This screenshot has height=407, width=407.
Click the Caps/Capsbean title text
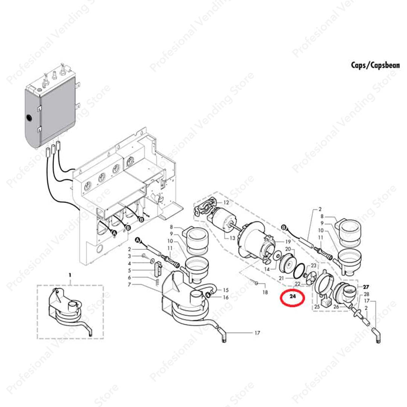pyautogui.click(x=375, y=65)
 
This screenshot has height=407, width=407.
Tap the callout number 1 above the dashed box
pyautogui.click(x=70, y=275)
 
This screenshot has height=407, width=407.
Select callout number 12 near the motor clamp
pyautogui.click(x=226, y=203)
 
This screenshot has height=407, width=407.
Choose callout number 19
pyautogui.click(x=288, y=241)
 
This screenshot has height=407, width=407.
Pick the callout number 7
pyautogui.click(x=129, y=285)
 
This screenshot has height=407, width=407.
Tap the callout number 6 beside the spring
pyautogui.click(x=129, y=278)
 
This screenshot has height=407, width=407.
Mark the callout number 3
pyautogui.click(x=129, y=256)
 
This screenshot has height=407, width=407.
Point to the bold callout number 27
pyautogui.click(x=366, y=287)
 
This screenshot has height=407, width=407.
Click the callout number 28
pyautogui.click(x=366, y=294)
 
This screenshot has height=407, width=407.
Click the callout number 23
pyautogui.click(x=313, y=266)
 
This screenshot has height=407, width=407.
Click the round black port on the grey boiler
pyautogui.click(x=29, y=118)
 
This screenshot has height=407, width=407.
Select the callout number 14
pyautogui.click(x=267, y=269)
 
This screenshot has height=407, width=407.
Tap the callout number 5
pyautogui.click(x=129, y=270)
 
